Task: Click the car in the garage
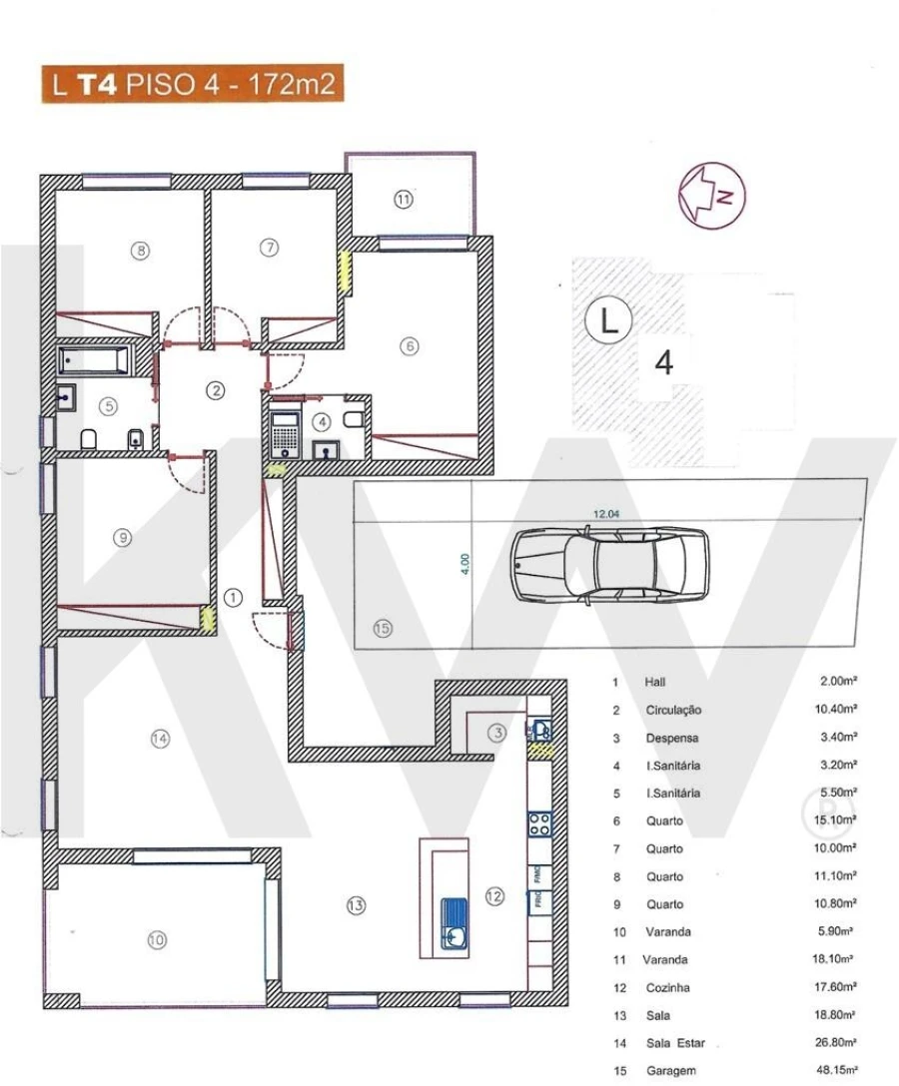(609, 564)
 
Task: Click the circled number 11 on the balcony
(403, 200)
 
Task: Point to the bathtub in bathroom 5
(93, 360)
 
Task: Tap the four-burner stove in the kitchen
(539, 824)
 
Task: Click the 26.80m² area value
(838, 1043)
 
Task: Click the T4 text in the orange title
(99, 84)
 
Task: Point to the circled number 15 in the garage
(383, 629)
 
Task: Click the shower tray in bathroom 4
(287, 430)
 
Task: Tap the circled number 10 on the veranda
(157, 939)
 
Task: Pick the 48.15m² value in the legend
(838, 1071)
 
